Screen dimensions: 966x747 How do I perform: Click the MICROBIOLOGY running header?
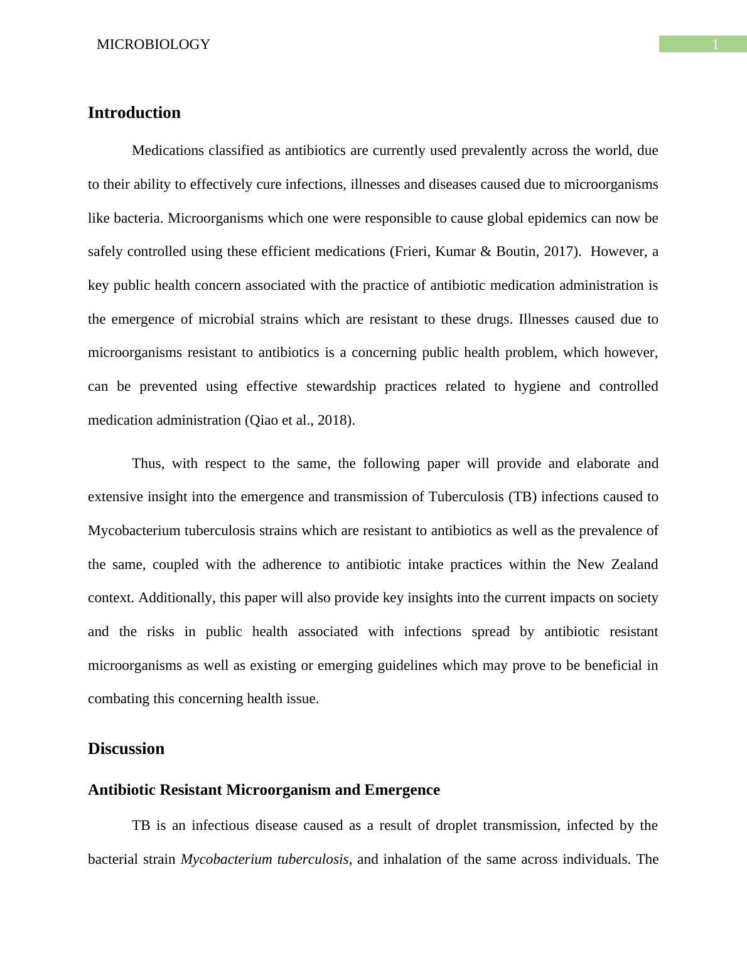153,45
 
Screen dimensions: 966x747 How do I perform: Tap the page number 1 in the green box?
715,45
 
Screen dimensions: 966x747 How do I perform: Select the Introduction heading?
134,113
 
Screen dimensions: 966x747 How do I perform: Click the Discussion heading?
126,749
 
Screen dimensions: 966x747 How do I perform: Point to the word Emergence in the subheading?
402,790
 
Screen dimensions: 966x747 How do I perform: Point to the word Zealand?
633,565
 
